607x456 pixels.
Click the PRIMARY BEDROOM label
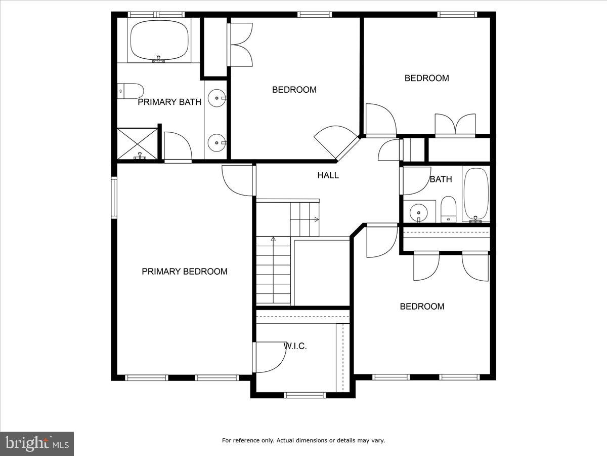184,272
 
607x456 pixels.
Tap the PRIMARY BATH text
169,102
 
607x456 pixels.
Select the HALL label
328,175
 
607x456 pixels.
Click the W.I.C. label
295,347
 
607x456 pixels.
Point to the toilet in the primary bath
131,91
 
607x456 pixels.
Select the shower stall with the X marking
137,144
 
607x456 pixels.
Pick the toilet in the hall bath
448,209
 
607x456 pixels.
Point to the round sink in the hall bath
418,210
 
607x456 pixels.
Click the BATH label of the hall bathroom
441,179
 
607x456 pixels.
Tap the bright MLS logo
37,444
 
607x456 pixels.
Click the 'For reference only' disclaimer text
303,440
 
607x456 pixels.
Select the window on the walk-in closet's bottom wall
304,395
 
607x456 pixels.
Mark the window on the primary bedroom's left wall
114,197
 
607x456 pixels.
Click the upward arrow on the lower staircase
273,239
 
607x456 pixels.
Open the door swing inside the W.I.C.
271,357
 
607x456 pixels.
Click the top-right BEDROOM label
426,78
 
